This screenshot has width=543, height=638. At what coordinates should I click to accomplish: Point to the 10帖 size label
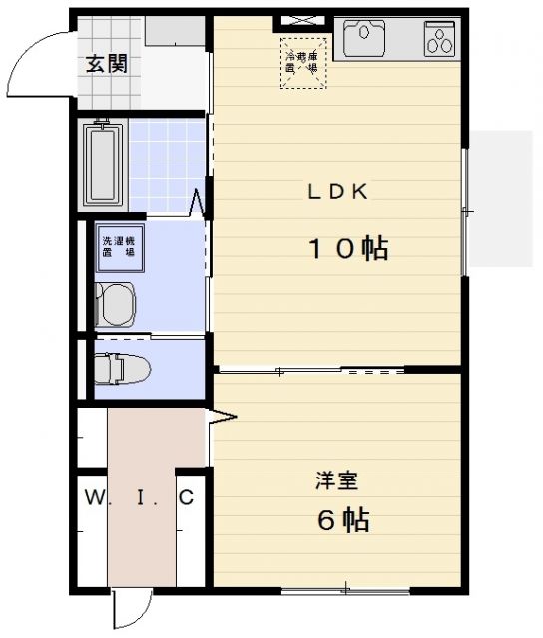346,249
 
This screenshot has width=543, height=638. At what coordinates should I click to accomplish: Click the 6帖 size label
343,519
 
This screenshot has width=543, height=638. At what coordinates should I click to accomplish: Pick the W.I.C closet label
138,496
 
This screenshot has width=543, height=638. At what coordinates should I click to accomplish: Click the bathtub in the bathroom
102,164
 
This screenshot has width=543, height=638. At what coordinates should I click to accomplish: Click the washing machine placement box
118,248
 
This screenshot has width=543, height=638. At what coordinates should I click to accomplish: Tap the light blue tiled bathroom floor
168,164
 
